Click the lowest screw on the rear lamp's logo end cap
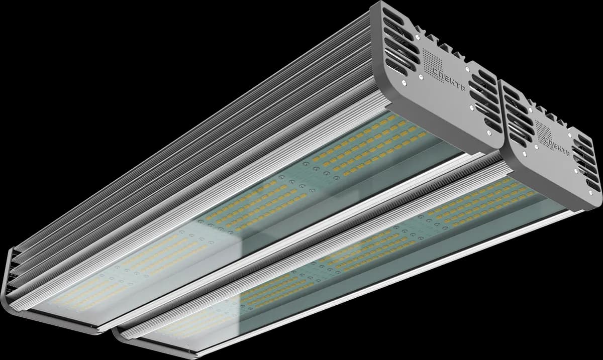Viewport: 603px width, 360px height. click(489, 133)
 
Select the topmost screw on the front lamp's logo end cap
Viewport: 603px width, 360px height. click(530, 109)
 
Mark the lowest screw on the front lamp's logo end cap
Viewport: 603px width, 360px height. click(590, 193)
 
